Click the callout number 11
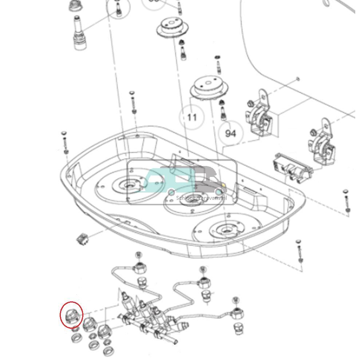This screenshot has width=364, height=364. pyautogui.click(x=191, y=117)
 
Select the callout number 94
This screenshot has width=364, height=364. pyautogui.click(x=230, y=134)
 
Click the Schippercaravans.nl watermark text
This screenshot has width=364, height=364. pyautogui.click(x=201, y=198)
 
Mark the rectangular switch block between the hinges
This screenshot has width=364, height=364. pyautogui.click(x=292, y=167)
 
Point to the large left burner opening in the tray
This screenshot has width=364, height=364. pyautogui.click(x=127, y=186)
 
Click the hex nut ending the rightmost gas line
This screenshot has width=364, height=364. pyautogui.click(x=237, y=312)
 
